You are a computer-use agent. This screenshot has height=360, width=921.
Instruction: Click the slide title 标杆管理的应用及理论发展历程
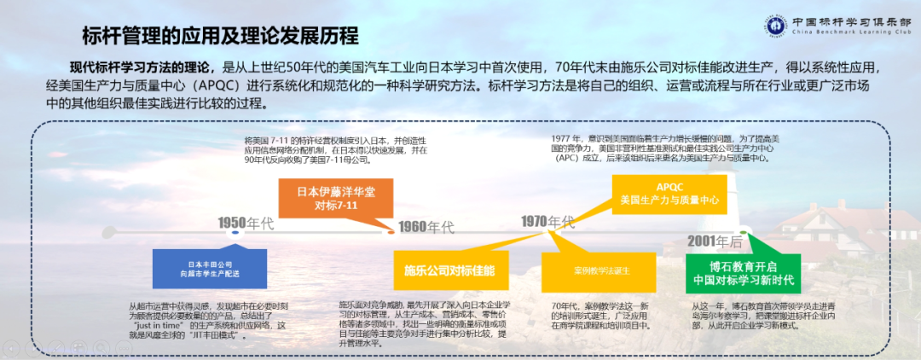pos(219,36)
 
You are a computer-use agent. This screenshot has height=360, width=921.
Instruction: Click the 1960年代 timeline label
pos(428,227)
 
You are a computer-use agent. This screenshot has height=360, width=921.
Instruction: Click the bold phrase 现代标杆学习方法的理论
pos(142,67)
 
